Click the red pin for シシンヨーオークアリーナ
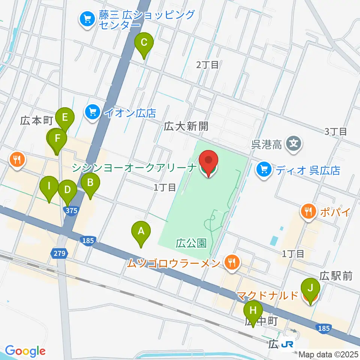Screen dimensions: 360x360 [208, 163]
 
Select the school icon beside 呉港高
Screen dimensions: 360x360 [293, 143]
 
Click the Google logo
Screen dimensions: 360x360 [25, 351]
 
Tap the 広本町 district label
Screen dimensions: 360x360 [36, 120]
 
